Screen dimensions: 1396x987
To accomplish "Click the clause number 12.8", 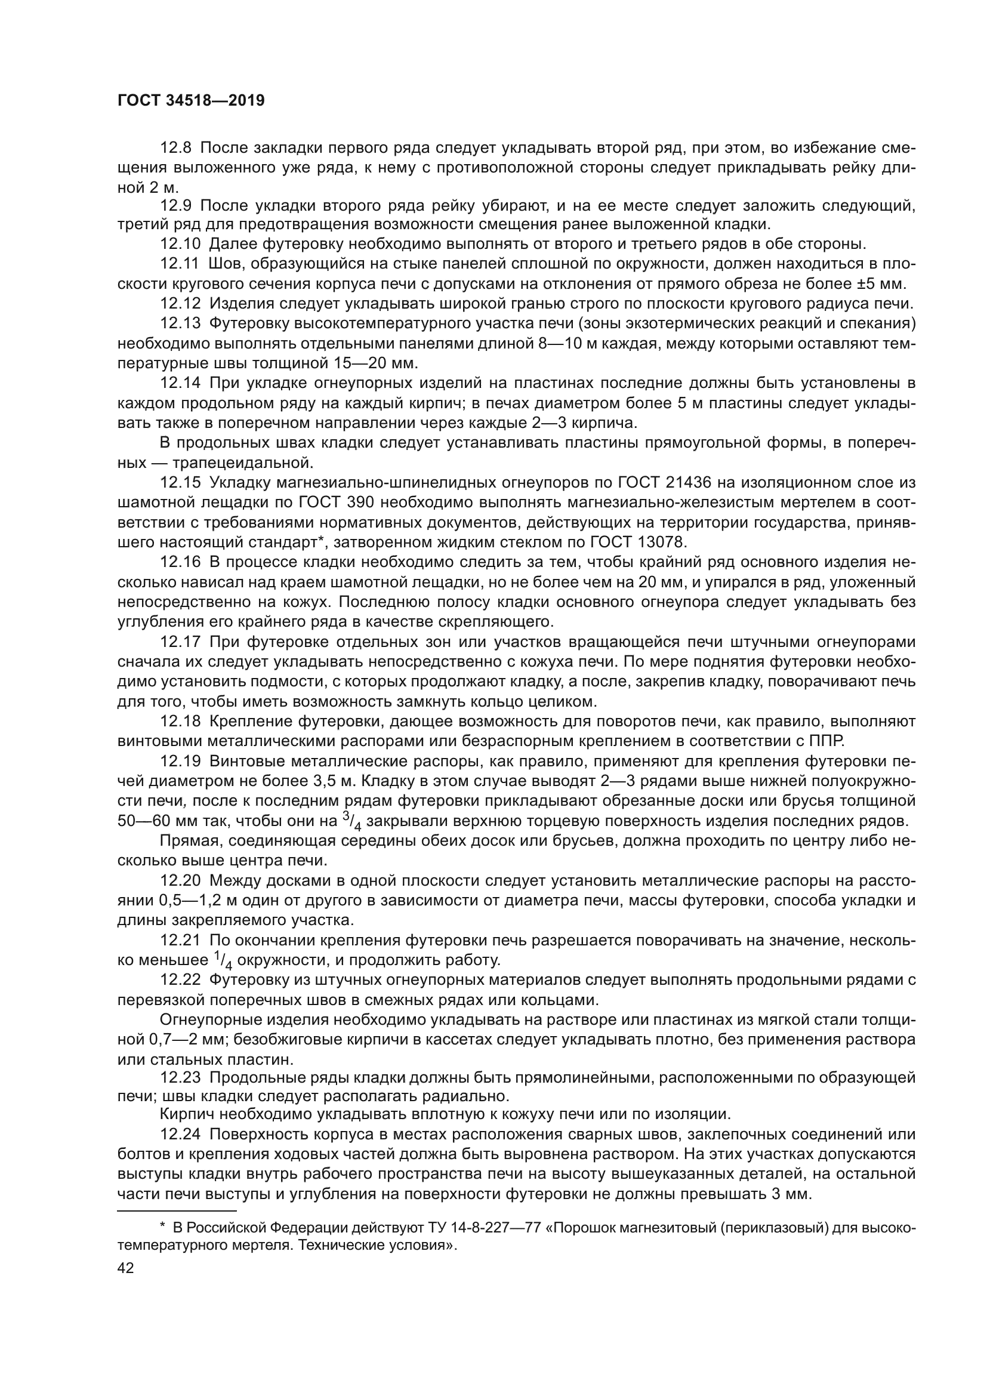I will coord(175,148).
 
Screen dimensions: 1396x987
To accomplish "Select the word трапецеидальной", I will coord(242,463).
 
